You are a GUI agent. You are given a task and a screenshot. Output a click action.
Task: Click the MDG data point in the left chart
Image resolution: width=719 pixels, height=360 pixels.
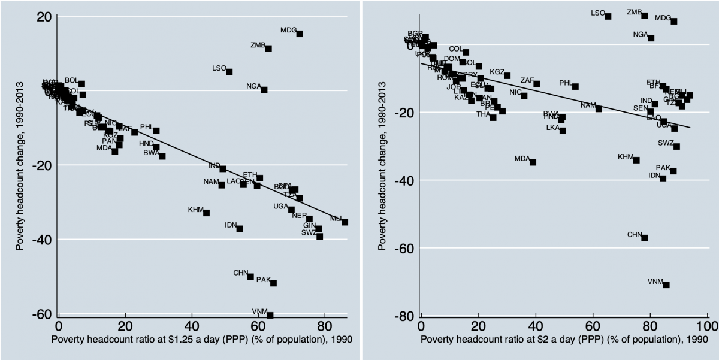tap(300, 34)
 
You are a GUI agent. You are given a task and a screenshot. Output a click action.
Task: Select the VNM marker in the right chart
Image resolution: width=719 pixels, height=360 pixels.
tap(666, 285)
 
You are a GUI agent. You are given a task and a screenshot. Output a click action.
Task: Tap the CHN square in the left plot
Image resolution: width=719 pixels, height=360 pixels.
tap(250, 276)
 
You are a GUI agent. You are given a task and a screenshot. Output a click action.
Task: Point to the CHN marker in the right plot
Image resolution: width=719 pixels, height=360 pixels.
tap(644, 238)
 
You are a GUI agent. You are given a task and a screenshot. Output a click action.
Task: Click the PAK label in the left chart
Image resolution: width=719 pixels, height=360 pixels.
tap(264, 280)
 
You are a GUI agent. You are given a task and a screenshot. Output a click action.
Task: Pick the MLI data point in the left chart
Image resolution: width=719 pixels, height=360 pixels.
tap(345, 222)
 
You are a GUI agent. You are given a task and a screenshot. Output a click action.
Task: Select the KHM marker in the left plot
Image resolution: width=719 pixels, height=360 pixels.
tap(206, 213)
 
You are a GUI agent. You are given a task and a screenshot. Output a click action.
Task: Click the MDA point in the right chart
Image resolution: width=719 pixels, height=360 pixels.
tap(533, 162)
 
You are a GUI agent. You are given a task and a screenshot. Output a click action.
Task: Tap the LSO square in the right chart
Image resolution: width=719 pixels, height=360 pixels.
tap(608, 16)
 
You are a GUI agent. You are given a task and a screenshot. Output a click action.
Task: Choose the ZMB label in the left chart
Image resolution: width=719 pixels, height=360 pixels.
tap(258, 45)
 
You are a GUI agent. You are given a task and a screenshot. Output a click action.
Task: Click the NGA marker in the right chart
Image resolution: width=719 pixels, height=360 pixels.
tap(651, 38)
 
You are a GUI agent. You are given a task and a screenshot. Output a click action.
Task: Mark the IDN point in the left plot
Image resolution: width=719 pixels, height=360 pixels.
tap(240, 228)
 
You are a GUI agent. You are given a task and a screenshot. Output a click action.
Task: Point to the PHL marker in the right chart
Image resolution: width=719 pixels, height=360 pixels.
tap(575, 86)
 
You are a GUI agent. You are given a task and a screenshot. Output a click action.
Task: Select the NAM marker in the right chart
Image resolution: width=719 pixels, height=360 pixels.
tap(598, 108)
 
